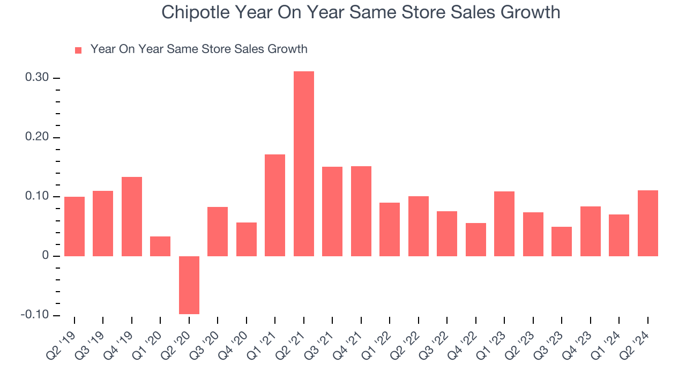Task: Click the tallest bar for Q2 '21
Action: (x=304, y=164)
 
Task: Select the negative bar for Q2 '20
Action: (x=189, y=285)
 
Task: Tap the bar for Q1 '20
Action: (x=160, y=246)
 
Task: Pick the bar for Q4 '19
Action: (x=132, y=216)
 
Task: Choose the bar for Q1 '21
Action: (x=275, y=205)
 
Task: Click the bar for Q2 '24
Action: (x=647, y=223)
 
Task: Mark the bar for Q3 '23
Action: (x=562, y=241)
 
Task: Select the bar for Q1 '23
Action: (x=504, y=224)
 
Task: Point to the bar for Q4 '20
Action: (x=247, y=239)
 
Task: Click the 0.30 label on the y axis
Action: (x=37, y=78)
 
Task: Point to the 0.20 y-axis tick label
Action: (x=37, y=137)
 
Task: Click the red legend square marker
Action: (x=78, y=50)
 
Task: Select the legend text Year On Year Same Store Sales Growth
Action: (x=199, y=49)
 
